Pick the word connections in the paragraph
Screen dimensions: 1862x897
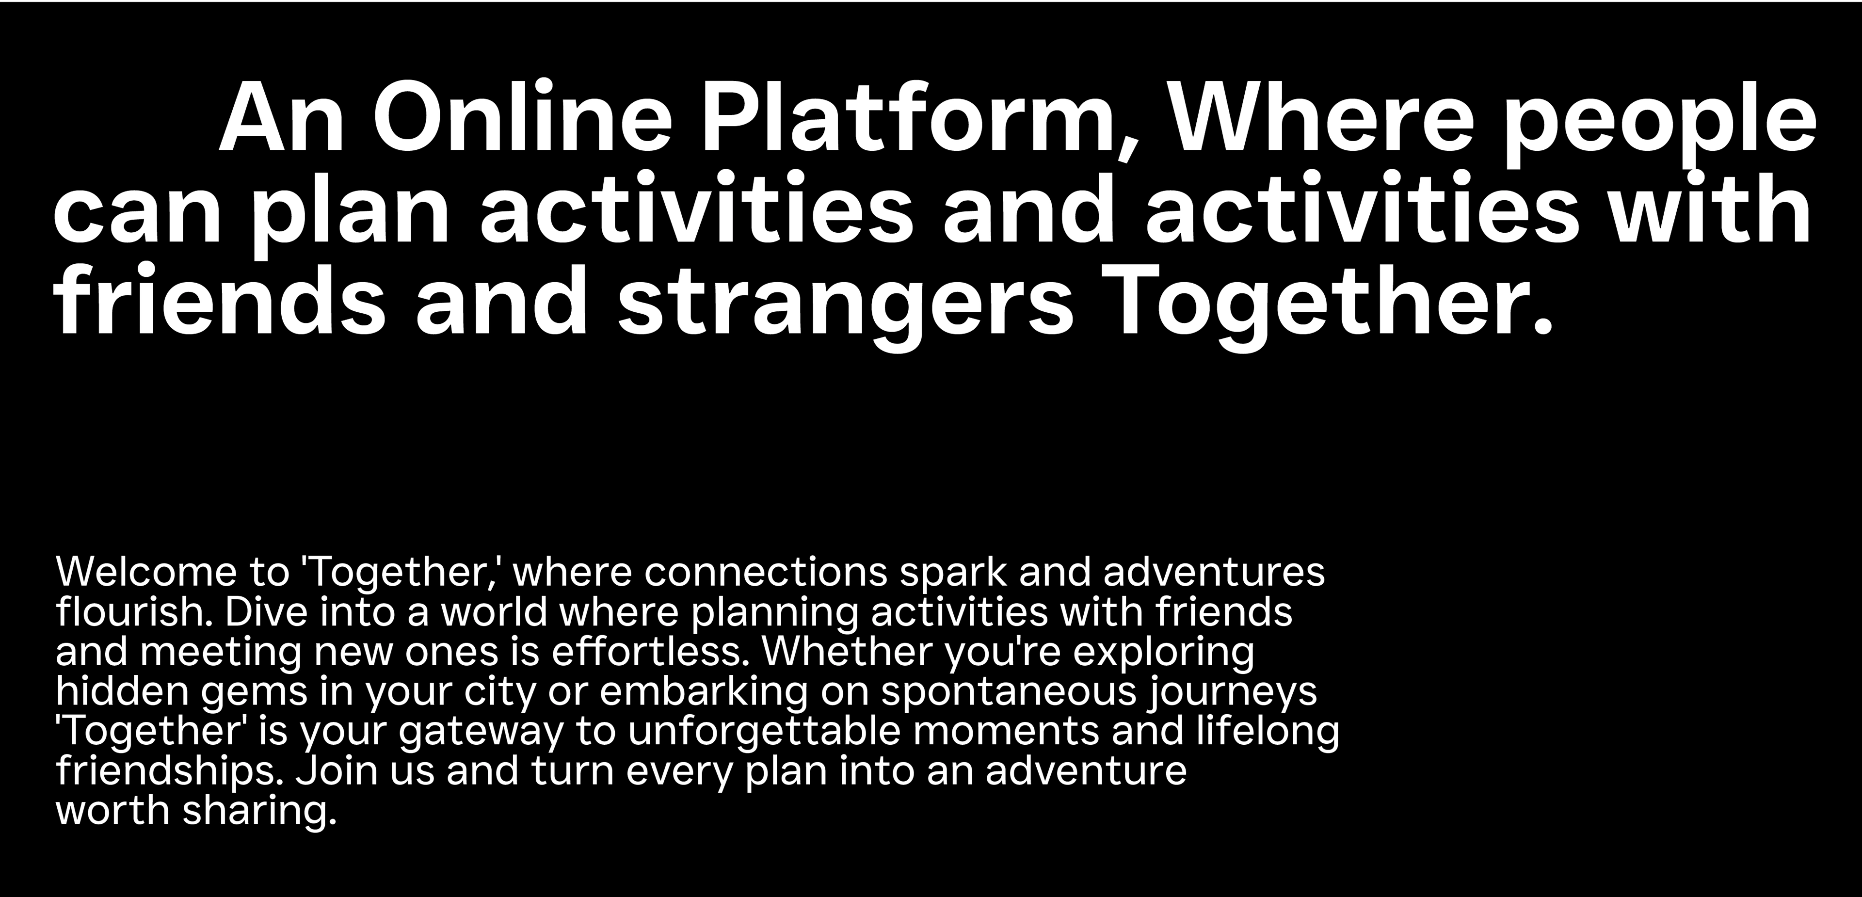pos(765,573)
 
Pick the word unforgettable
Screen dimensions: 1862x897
pos(765,732)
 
